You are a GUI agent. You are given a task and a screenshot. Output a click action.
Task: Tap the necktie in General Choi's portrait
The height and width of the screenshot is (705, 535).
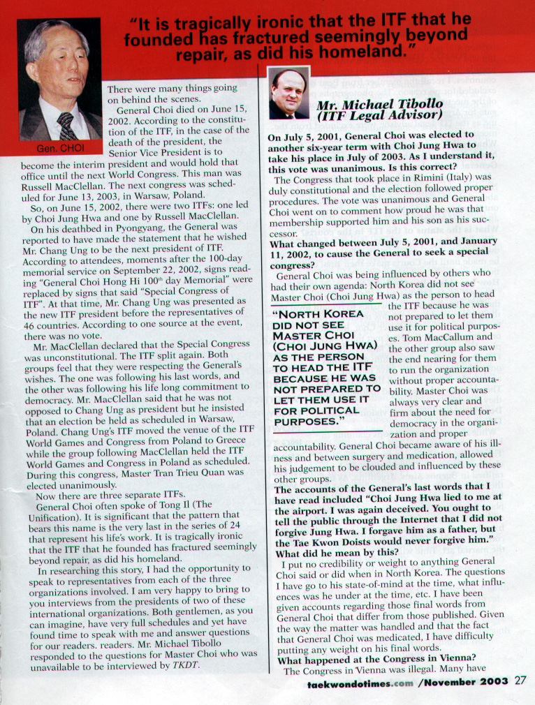[x=67, y=126]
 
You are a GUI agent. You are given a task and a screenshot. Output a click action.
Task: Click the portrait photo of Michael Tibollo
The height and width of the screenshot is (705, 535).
[x=288, y=94]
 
